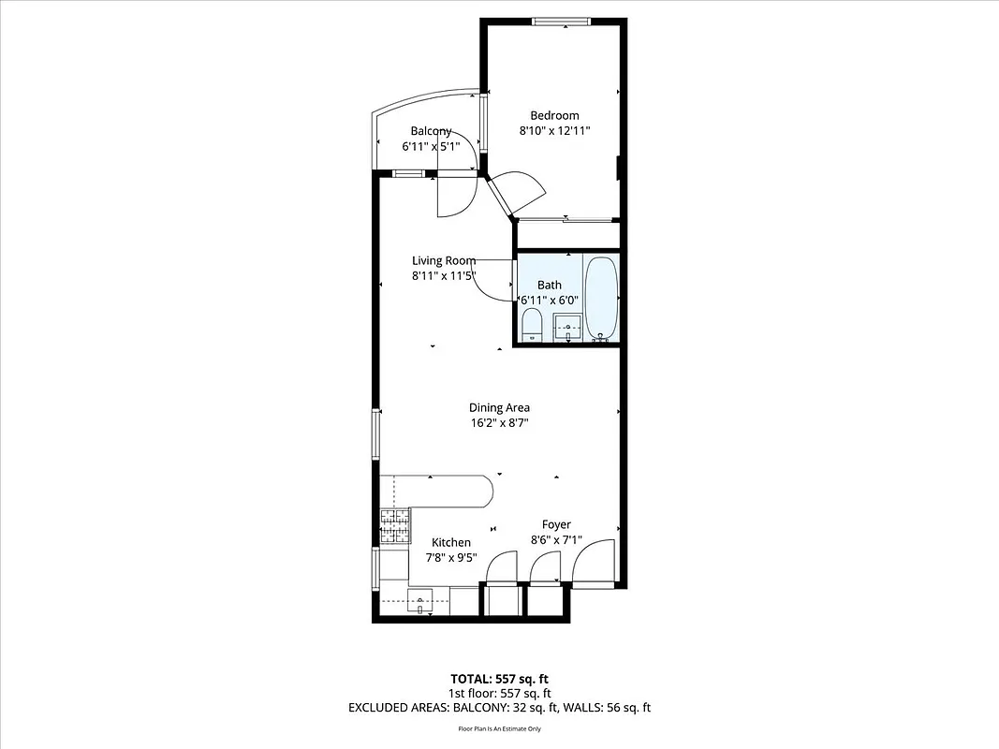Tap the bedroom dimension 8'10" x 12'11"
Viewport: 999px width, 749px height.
pyautogui.click(x=554, y=132)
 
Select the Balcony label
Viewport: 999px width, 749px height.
pyautogui.click(x=431, y=131)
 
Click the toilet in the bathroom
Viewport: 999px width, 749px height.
pyautogui.click(x=531, y=327)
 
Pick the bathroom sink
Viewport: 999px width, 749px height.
pyautogui.click(x=567, y=328)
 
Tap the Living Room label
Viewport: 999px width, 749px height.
pyautogui.click(x=444, y=260)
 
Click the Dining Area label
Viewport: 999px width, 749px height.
pyautogui.click(x=499, y=407)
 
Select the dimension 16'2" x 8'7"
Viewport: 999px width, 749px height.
pyautogui.click(x=499, y=423)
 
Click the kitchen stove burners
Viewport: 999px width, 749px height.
pyautogui.click(x=395, y=525)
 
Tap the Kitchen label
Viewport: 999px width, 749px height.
pyautogui.click(x=450, y=542)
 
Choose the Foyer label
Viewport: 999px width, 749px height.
pyautogui.click(x=556, y=525)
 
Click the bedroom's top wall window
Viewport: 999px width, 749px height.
pyautogui.click(x=561, y=22)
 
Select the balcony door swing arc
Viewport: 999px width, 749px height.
pyautogui.click(x=458, y=197)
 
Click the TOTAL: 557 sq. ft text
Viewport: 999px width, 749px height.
pyautogui.click(x=499, y=678)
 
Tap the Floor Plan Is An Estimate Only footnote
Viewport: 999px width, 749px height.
pyautogui.click(x=499, y=728)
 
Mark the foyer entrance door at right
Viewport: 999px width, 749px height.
pyautogui.click(x=595, y=565)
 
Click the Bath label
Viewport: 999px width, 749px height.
pyautogui.click(x=549, y=285)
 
